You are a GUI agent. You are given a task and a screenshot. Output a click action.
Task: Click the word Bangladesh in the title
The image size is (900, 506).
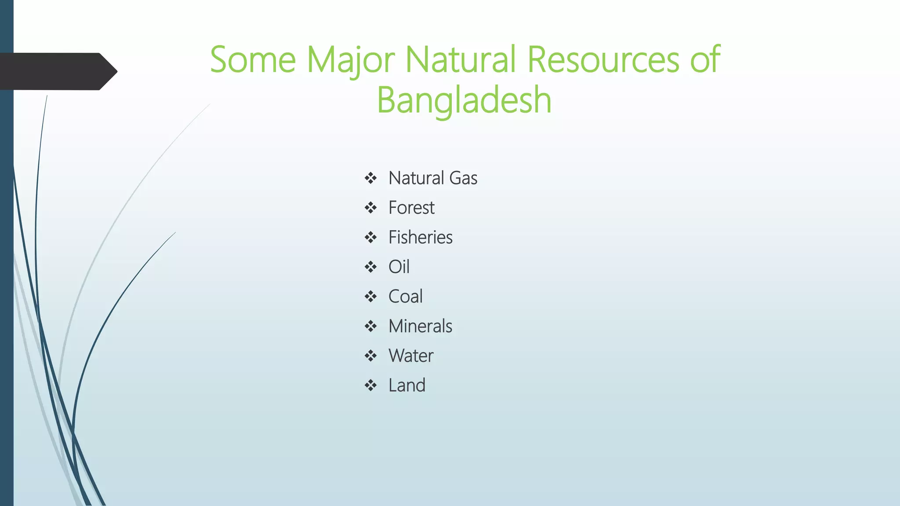coord(464,100)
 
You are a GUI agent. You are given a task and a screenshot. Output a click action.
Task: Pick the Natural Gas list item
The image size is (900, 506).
coord(432,178)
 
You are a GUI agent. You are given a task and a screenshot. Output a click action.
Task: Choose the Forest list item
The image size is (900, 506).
coord(411,208)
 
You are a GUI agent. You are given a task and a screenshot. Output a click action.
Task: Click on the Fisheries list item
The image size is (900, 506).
coord(420,238)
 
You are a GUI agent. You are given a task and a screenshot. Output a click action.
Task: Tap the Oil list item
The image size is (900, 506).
coord(399,267)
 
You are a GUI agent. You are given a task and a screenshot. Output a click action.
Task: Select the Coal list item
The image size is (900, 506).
coord(405,296)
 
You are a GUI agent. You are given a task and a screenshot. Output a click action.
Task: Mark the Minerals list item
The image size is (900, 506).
coord(420,326)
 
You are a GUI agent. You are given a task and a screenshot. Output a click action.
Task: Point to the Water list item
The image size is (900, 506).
coord(410,356)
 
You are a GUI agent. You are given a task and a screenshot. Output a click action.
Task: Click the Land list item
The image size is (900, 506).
coord(406,386)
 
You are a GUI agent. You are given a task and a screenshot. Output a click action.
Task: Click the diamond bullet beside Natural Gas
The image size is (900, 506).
coord(370,178)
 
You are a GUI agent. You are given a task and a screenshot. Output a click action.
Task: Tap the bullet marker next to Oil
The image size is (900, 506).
coord(370,267)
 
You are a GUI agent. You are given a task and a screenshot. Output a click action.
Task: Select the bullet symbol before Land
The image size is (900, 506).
coord(370,386)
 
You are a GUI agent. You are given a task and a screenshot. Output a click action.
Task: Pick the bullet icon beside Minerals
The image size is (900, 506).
coord(370,326)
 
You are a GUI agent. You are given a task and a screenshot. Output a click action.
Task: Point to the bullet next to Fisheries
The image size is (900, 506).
coord(370,238)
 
